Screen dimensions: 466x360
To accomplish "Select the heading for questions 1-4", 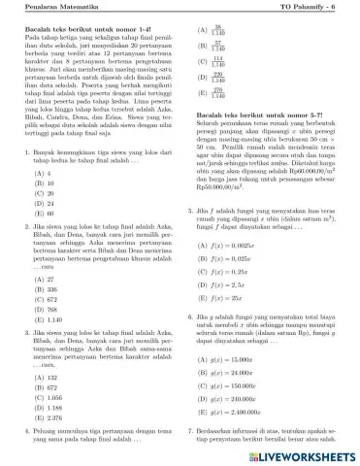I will pos(69,31).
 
